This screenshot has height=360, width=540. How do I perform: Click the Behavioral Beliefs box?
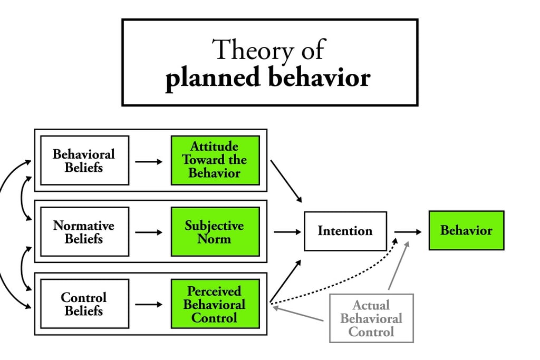85,160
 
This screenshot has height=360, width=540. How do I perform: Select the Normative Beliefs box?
85,231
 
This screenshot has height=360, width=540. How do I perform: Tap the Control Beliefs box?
85,304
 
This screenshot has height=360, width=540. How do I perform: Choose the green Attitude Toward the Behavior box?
215,160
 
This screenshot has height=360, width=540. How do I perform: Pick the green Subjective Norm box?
215,231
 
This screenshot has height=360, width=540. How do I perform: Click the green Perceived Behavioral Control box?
215,304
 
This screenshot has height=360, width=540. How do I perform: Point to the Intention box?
345,231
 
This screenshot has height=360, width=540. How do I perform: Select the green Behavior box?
466,230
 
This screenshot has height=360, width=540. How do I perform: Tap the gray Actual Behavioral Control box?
371,318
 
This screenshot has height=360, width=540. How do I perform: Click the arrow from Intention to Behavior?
408,232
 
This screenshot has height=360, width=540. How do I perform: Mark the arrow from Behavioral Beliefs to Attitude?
149,162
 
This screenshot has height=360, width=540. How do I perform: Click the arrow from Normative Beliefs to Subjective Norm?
149,232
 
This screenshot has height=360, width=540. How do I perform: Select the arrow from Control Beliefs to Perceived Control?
149,305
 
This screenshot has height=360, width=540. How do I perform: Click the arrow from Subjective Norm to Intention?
287,232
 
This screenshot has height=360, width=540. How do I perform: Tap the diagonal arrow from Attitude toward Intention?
286,181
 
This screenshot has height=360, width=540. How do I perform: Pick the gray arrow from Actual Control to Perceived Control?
298,314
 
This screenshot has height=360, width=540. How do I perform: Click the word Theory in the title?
252,50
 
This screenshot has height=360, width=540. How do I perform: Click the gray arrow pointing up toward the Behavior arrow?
399,265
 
